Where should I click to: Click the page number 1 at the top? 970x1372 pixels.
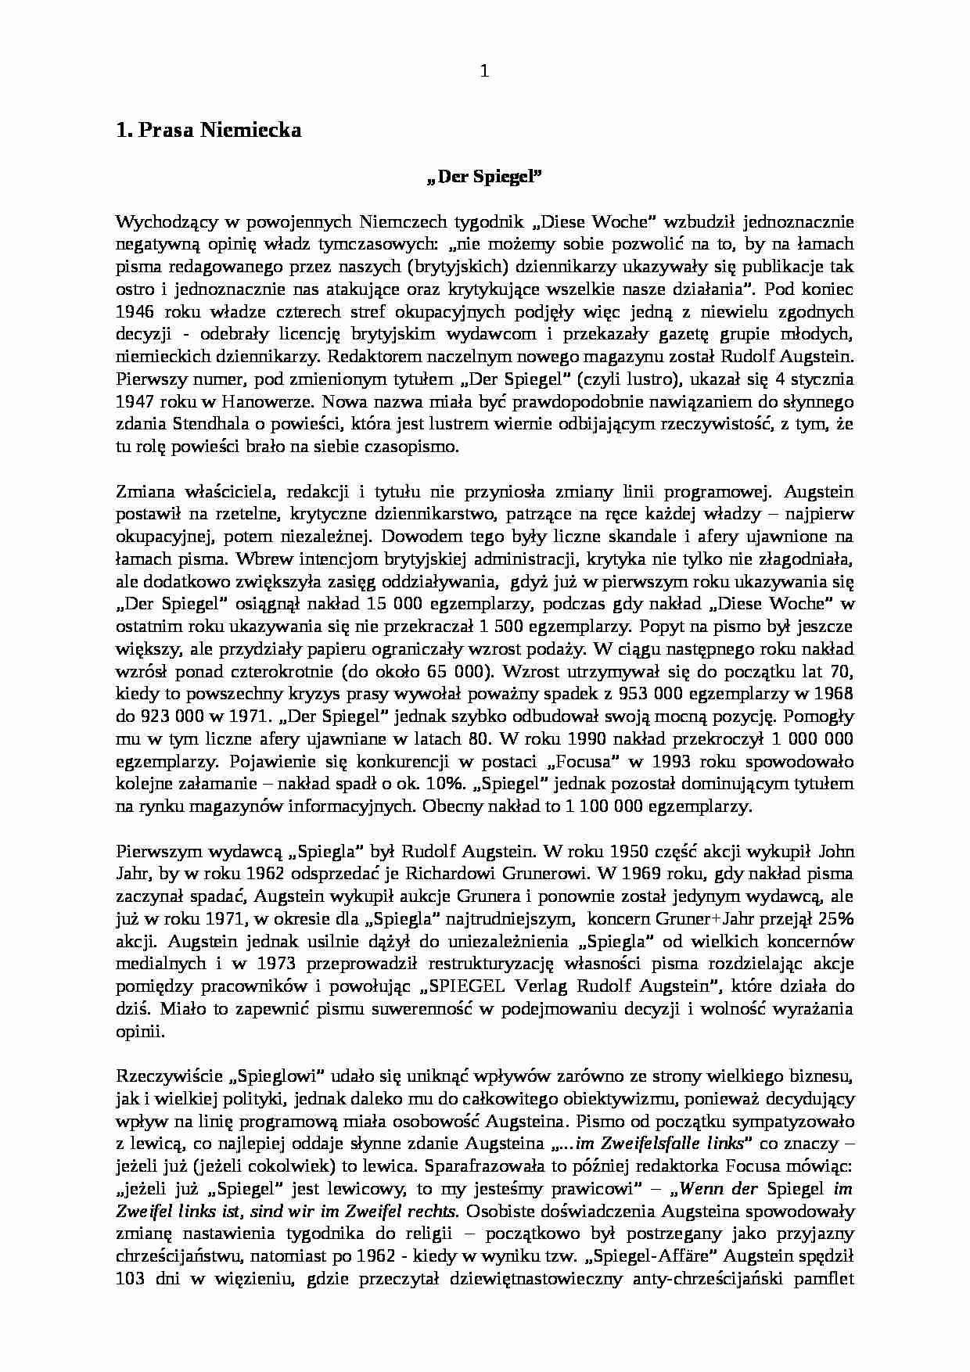click(x=483, y=71)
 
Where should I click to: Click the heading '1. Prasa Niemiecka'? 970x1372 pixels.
click(x=208, y=131)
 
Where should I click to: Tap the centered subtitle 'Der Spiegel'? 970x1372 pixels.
click(x=485, y=177)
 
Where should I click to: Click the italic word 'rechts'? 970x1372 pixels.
click(x=429, y=1212)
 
